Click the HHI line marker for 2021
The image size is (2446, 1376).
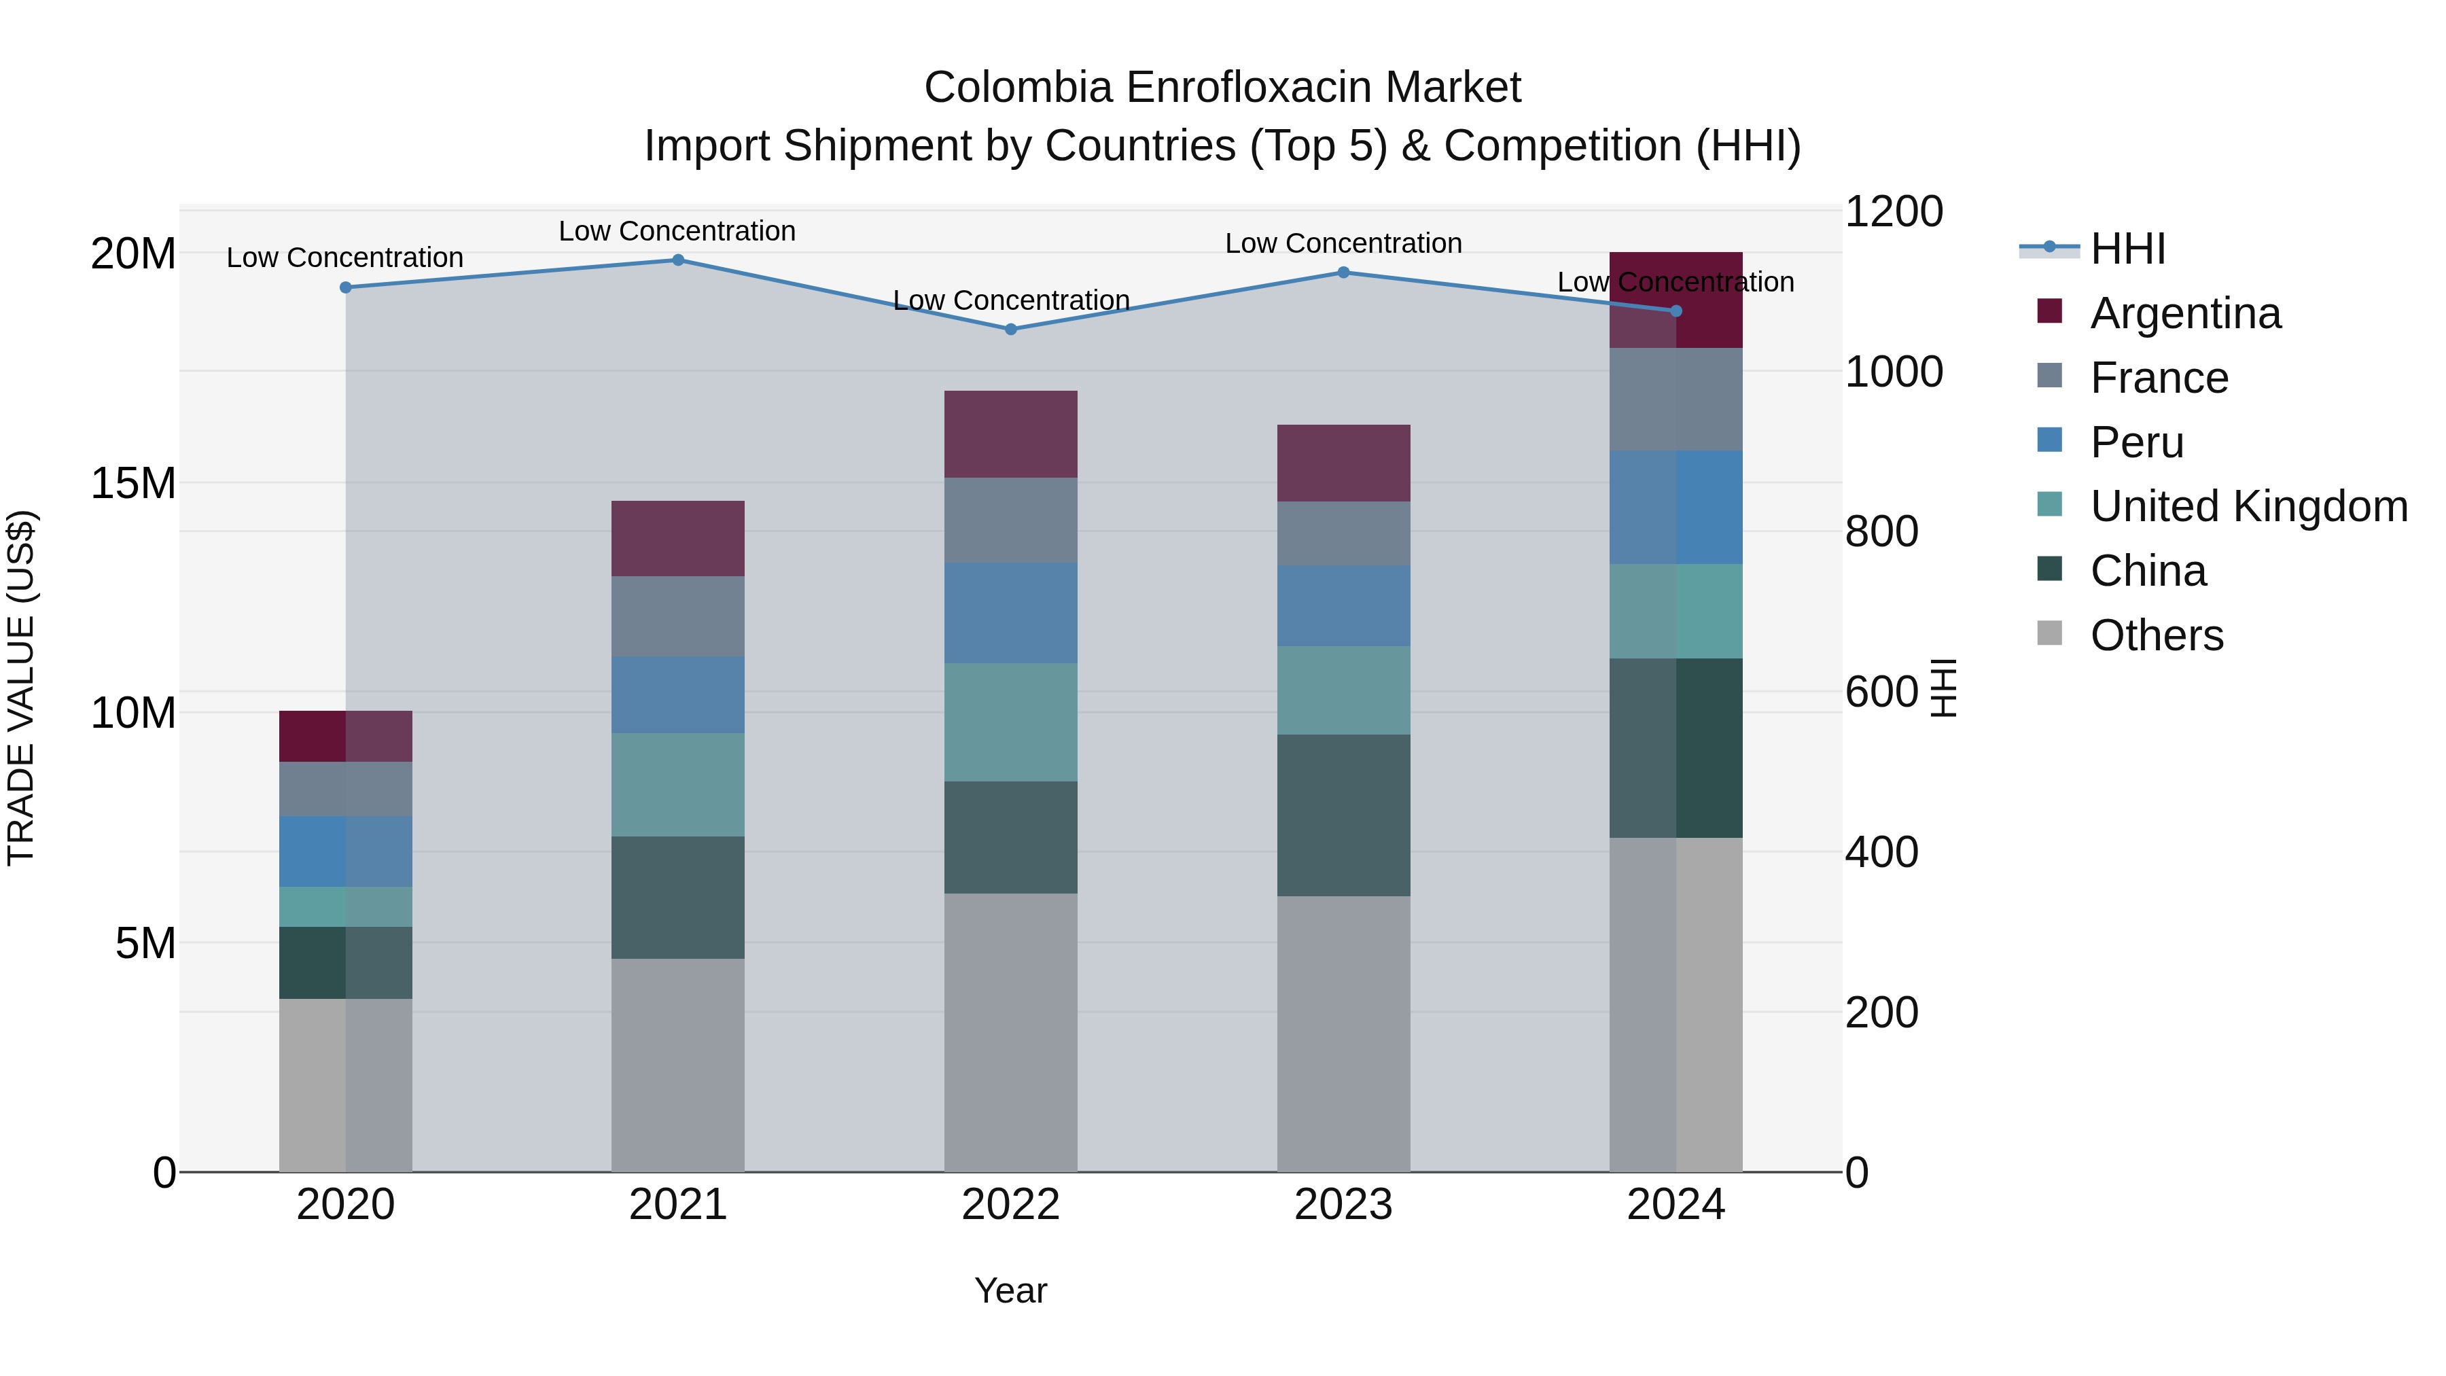point(678,260)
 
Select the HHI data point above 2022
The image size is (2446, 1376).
point(1010,330)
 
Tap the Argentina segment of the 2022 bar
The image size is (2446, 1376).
point(1010,434)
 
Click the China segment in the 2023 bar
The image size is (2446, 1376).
point(1343,815)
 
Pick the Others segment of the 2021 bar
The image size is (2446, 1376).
point(678,1065)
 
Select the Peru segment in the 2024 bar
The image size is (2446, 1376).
point(1676,507)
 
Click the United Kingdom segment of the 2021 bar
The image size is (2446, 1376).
point(678,784)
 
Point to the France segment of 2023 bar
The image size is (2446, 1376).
point(1343,533)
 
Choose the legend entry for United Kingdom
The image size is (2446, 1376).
point(2248,506)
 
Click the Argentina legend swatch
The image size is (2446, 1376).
point(2050,311)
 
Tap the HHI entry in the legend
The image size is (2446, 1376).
point(2127,249)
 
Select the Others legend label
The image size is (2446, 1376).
point(2157,635)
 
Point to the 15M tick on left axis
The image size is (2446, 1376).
point(133,483)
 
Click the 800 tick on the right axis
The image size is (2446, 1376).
point(1881,532)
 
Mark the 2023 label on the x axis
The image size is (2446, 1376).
point(1343,1205)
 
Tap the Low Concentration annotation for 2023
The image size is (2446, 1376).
point(1343,243)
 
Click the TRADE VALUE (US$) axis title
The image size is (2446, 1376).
point(21,688)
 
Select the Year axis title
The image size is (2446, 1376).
point(1010,1290)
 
